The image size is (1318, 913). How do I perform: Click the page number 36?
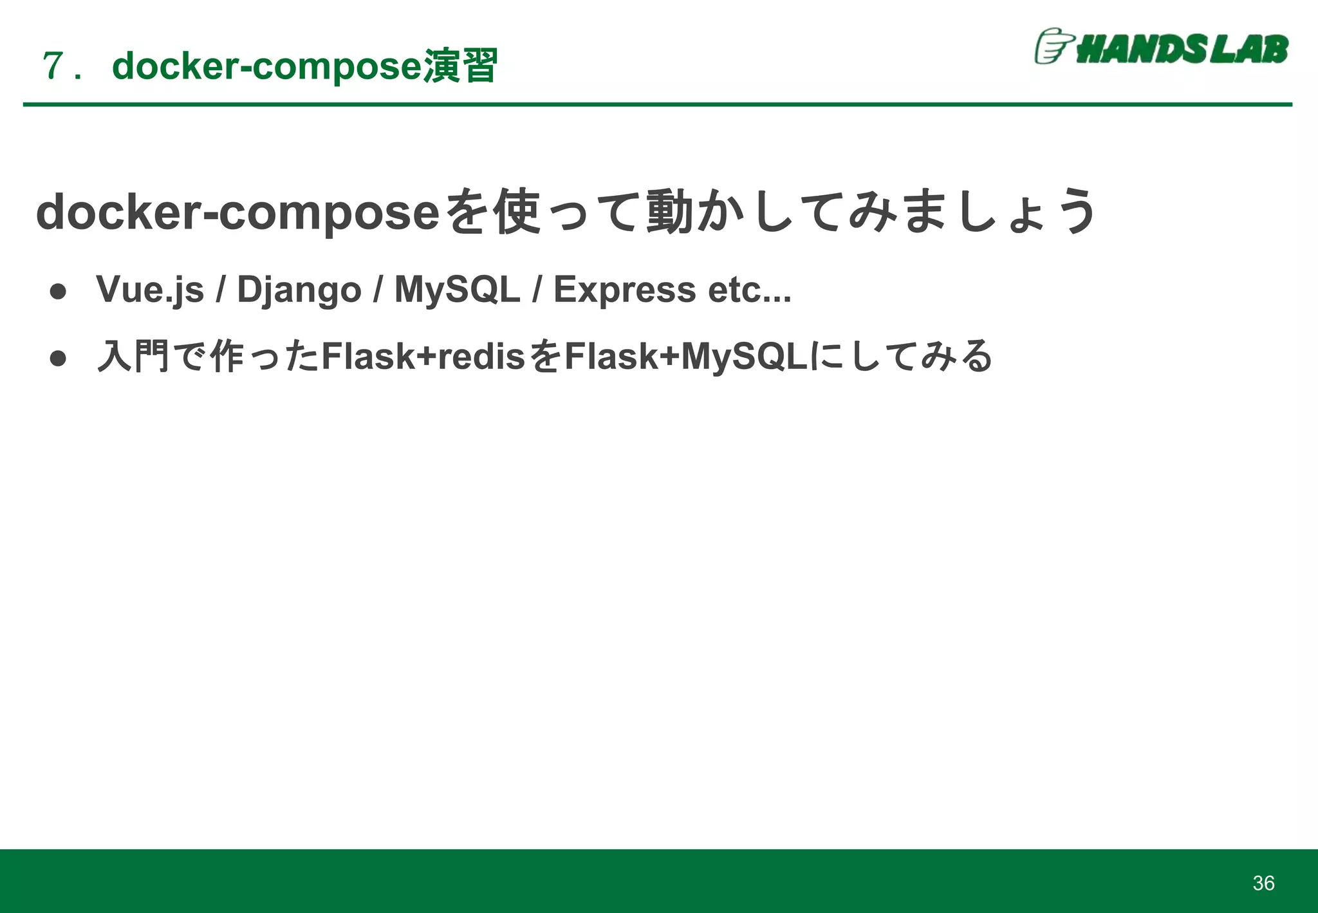(x=1263, y=883)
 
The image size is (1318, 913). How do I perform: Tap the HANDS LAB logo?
(x=1162, y=47)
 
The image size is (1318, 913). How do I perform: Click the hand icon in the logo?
(x=1053, y=46)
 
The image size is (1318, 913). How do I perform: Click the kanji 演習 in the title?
(x=460, y=66)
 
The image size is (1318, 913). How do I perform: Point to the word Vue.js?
(x=150, y=290)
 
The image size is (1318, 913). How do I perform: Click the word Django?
(x=299, y=290)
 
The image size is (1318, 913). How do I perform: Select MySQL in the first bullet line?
(x=457, y=289)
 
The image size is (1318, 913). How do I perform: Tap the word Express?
(x=624, y=290)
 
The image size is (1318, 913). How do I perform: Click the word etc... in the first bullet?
(x=749, y=290)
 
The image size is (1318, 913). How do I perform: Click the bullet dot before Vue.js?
(x=59, y=292)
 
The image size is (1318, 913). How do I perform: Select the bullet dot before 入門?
(x=59, y=359)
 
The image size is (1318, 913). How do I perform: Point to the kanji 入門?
(x=133, y=356)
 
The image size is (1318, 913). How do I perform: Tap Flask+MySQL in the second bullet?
(x=685, y=356)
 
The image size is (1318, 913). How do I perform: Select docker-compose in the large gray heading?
(x=238, y=212)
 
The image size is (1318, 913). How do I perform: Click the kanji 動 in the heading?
(x=669, y=212)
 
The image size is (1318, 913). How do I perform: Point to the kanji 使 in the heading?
(x=516, y=212)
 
